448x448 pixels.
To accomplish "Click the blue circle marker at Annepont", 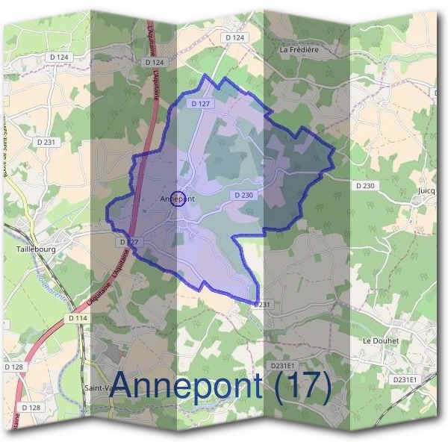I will [178, 199].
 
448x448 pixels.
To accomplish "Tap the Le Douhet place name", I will [381, 340].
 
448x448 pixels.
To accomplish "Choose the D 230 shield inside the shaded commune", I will [243, 195].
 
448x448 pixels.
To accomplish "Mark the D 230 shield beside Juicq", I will [365, 185].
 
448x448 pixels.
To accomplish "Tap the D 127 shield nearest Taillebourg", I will [128, 243].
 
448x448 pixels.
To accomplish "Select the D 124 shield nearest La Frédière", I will [234, 37].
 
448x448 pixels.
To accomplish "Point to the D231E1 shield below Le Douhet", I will [405, 379].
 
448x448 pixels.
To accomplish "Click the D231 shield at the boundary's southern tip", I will [261, 305].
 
